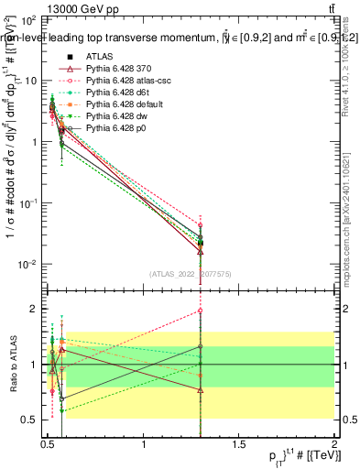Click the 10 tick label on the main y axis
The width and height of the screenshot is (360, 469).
pos(29,81)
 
